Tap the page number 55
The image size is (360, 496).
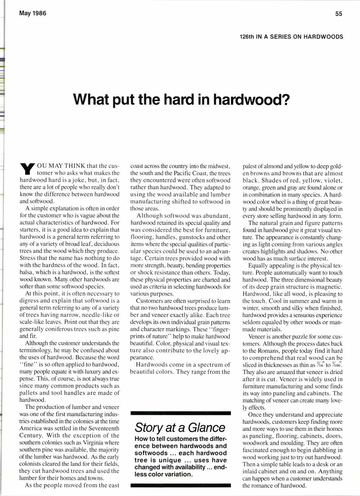[x=339, y=14]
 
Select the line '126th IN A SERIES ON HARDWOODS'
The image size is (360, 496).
[x=291, y=37]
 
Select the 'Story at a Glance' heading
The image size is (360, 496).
[x=180, y=428]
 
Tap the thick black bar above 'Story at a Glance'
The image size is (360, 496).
[x=181, y=413]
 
